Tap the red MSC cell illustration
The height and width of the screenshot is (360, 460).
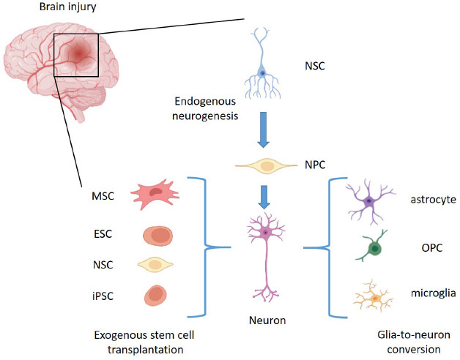(155, 195)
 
